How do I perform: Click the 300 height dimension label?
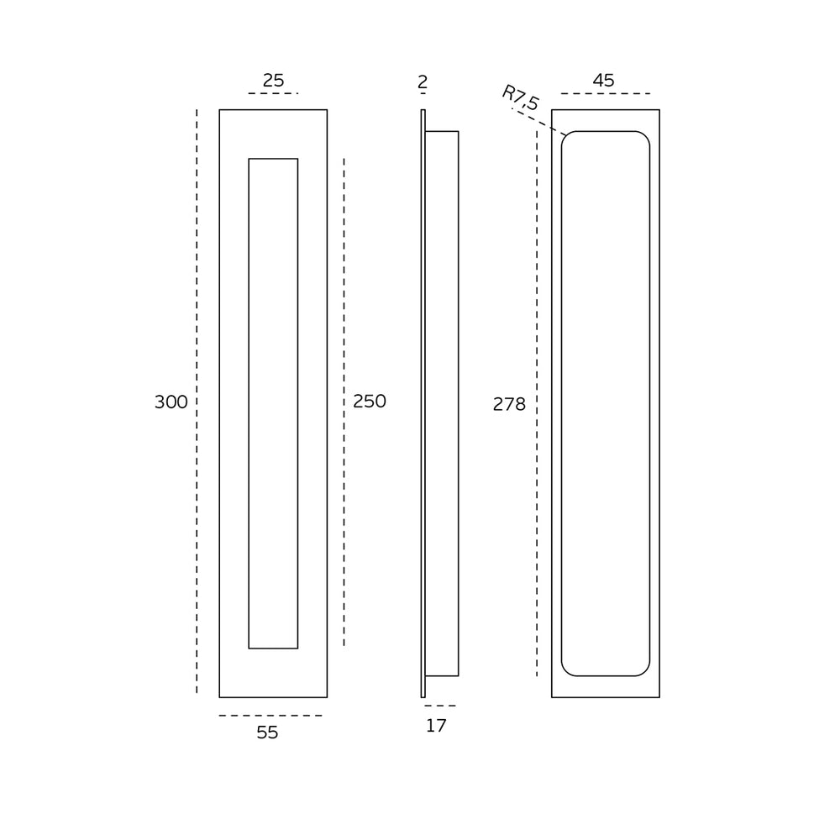click(171, 402)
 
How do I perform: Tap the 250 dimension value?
click(369, 402)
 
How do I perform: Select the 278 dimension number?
click(509, 404)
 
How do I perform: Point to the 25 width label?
click(273, 81)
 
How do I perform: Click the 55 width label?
click(267, 733)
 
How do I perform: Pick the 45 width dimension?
click(603, 81)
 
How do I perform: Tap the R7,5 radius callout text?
click(521, 97)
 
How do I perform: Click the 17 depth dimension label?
click(436, 726)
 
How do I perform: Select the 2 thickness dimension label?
click(423, 82)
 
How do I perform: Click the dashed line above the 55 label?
click(270, 716)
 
